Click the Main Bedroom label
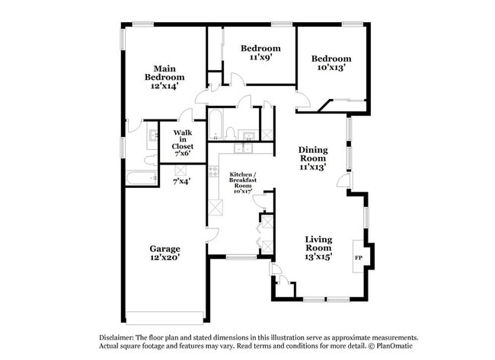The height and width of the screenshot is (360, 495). (x=164, y=72)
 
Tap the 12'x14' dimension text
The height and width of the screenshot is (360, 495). (x=164, y=87)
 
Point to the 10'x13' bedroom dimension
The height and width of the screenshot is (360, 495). (x=331, y=68)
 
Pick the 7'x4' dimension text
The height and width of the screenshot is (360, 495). (x=182, y=181)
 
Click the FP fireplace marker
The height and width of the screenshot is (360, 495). (x=358, y=257)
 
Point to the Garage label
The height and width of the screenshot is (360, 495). (x=164, y=249)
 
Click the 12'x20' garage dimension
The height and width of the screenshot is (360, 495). (x=164, y=258)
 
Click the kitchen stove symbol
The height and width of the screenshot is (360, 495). (x=213, y=172)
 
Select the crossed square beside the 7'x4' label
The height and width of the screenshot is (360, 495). (x=180, y=169)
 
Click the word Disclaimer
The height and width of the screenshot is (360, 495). (x=117, y=337)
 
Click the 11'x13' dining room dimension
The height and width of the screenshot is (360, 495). (x=312, y=167)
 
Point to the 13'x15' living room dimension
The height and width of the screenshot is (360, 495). (x=318, y=256)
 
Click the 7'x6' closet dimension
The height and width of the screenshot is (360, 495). (x=182, y=153)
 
